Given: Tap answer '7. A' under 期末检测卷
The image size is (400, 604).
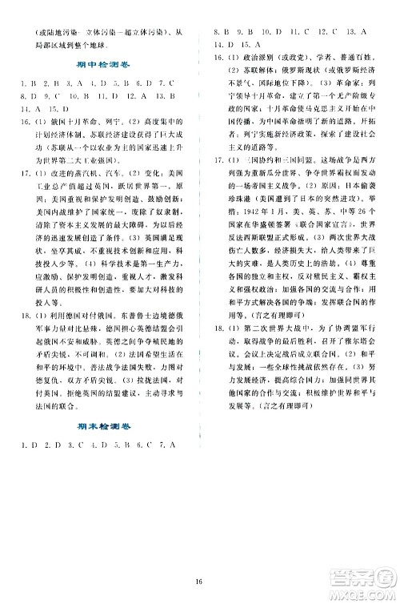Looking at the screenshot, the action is point(166,444).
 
